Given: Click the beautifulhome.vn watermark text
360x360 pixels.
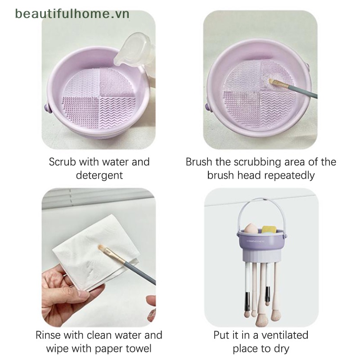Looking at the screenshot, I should click(x=72, y=13).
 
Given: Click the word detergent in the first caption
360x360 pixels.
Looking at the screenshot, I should click(x=99, y=175).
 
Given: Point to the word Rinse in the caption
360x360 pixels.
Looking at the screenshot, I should click(x=49, y=335).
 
